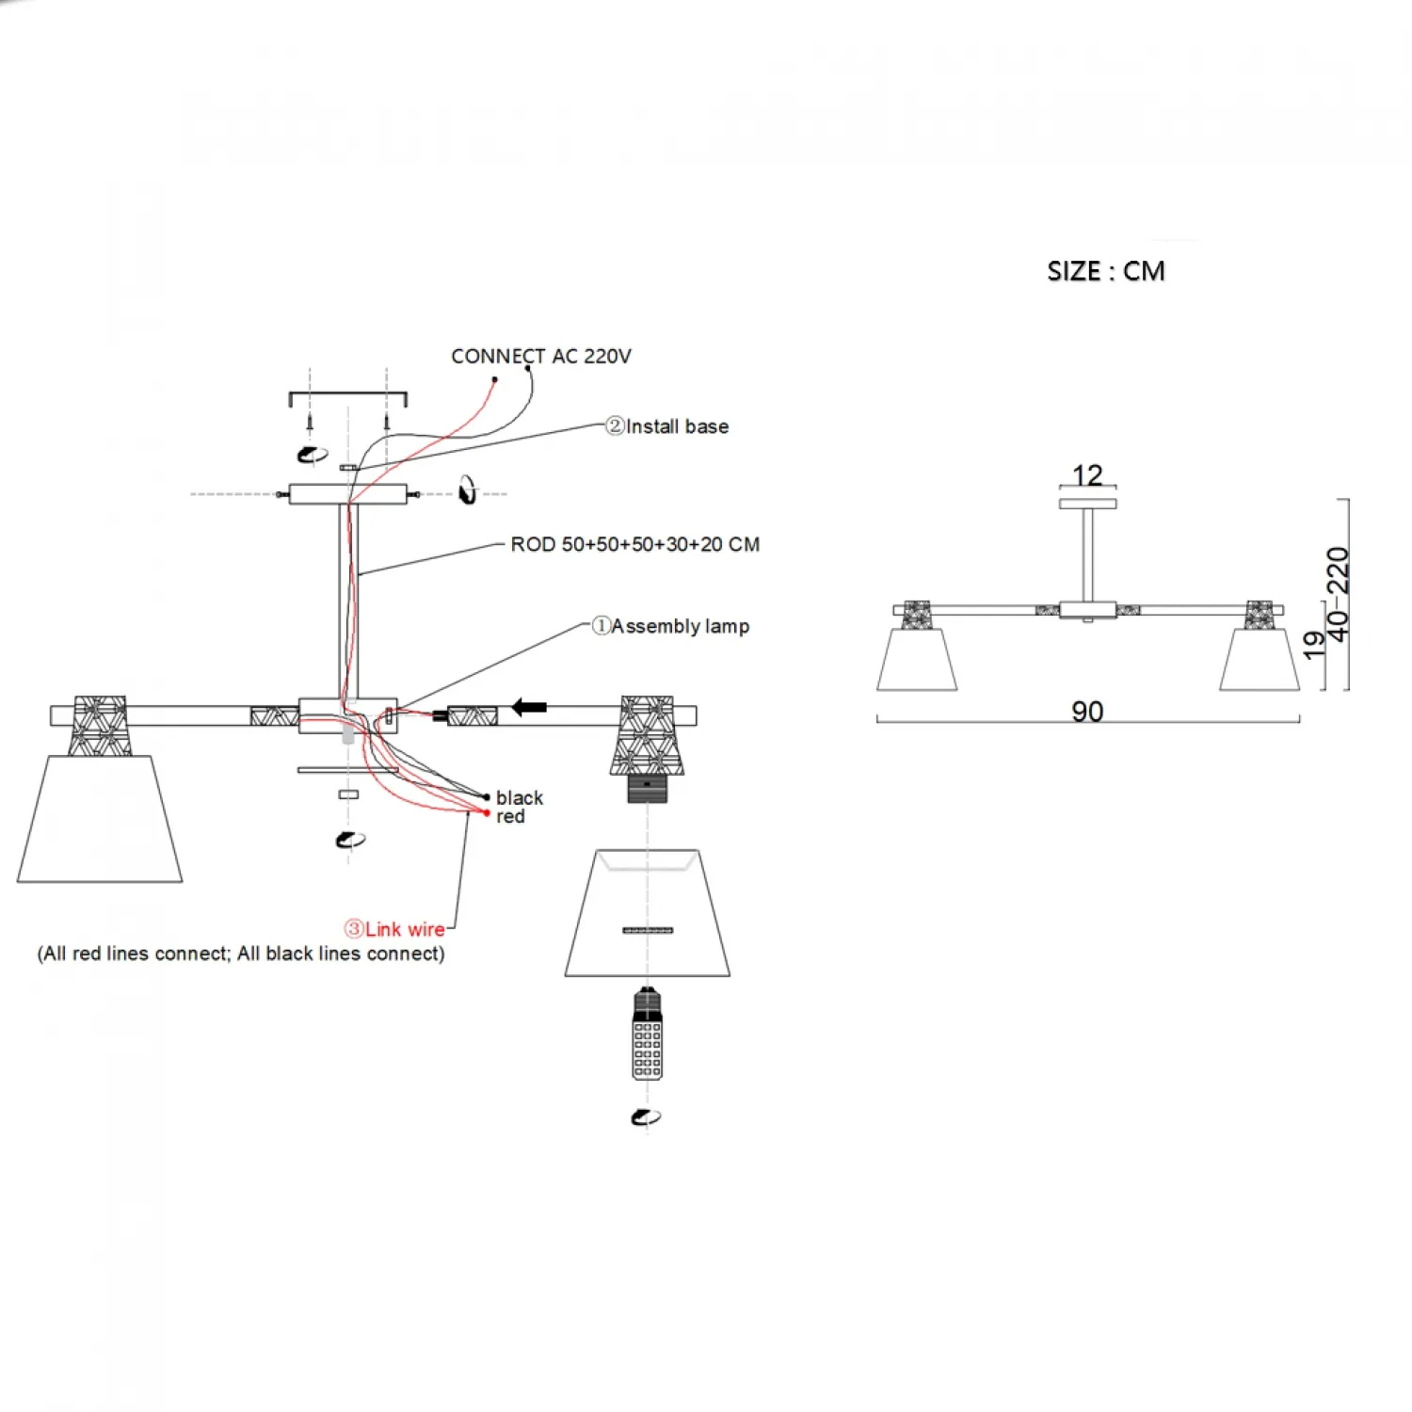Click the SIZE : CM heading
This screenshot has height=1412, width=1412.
(1105, 271)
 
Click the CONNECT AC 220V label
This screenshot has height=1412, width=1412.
(540, 356)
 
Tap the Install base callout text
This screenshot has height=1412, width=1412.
(667, 426)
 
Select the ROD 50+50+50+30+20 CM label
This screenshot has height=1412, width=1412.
(634, 544)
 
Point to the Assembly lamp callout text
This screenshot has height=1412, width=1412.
(671, 626)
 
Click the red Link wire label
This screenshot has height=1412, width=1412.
(395, 929)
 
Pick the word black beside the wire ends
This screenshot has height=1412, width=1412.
(520, 797)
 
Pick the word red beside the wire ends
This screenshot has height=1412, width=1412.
(510, 816)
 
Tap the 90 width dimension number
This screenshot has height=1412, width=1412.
(1087, 711)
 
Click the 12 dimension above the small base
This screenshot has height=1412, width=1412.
(1087, 474)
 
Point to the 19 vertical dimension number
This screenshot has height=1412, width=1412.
(1314, 644)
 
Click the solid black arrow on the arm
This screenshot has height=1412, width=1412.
(529, 707)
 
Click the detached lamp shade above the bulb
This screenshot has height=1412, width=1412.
(648, 913)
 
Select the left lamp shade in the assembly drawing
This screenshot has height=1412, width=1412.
(100, 819)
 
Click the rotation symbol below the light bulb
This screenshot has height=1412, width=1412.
(646, 1116)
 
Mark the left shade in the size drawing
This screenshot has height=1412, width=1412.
(917, 659)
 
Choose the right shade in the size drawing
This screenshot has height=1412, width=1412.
(1260, 659)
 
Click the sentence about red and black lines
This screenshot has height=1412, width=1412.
(241, 954)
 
